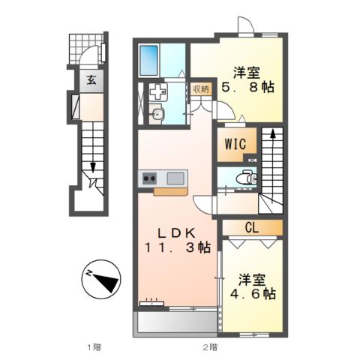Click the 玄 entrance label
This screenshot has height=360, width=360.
90,81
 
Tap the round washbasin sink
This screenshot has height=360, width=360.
157,114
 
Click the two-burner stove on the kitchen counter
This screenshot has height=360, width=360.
148,178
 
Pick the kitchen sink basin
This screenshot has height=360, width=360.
175,178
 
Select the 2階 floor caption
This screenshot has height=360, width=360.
209,346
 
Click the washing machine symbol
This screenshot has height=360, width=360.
158,93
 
